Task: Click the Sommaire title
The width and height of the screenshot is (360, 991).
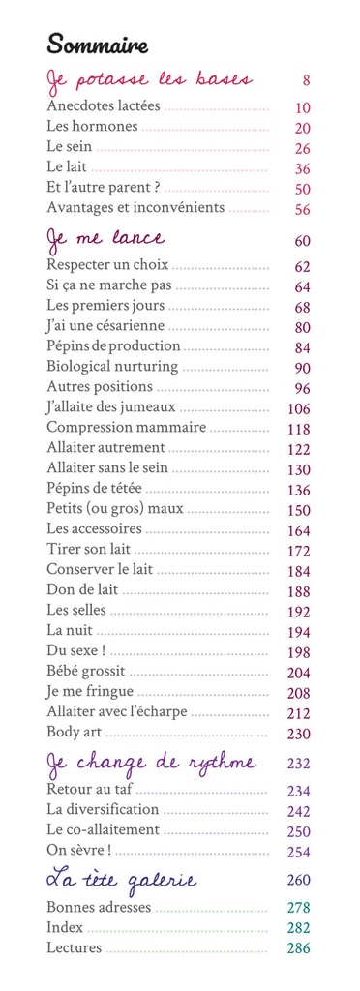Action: point(97,44)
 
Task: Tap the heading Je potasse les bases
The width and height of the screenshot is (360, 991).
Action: point(150,79)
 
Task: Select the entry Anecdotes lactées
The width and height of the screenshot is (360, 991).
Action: point(104,106)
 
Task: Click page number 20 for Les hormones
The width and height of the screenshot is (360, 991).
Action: point(302,128)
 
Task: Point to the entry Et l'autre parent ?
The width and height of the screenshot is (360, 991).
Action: point(103,188)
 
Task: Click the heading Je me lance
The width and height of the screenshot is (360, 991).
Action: point(105,238)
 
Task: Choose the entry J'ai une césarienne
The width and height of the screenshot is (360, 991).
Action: point(105,326)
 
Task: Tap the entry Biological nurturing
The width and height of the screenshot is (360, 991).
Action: point(112,367)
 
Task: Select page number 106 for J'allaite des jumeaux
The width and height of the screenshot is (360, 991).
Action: point(298,407)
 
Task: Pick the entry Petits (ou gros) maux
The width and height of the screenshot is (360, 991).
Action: point(110,509)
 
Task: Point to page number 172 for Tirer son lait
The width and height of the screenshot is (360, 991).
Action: point(298,550)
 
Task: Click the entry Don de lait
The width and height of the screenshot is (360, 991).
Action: point(82,590)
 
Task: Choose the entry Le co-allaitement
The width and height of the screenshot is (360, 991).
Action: point(103,830)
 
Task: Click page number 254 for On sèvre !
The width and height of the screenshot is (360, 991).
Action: point(298,851)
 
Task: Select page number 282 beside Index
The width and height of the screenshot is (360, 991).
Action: point(298,928)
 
